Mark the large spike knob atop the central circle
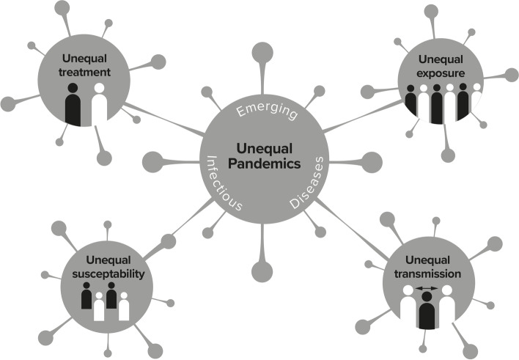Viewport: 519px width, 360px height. pos(263,54)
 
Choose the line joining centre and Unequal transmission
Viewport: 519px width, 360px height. pos(352,227)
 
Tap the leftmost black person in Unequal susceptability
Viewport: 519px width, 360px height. pos(87,298)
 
